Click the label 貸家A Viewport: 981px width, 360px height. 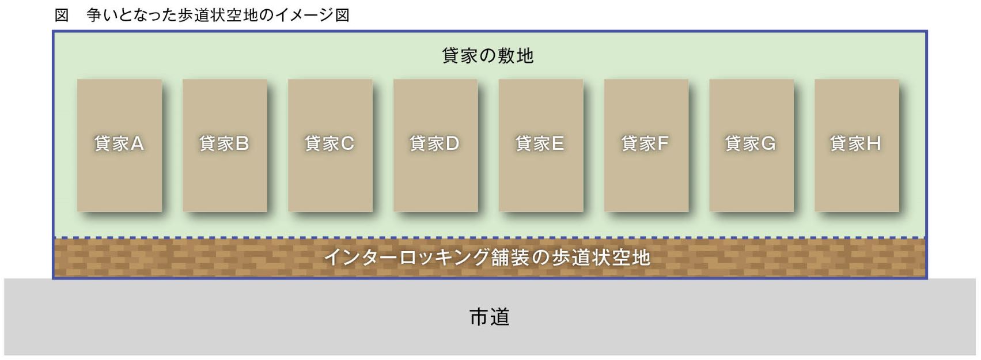(119, 143)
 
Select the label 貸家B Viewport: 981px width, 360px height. (224, 143)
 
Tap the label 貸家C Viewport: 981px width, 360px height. (329, 143)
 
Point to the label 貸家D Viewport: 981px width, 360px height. (434, 143)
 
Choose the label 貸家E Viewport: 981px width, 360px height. (540, 143)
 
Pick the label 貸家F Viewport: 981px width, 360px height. (645, 143)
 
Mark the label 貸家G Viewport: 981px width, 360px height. (750, 143)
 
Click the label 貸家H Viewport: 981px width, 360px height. (855, 143)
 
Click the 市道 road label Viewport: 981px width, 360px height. (490, 317)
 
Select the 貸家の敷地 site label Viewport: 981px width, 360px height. (488, 56)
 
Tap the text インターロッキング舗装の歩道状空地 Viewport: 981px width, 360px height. (487, 257)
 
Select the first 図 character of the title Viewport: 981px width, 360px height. (62, 16)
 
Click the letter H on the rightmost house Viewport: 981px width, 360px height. (873, 143)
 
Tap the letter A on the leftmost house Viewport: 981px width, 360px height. (137, 143)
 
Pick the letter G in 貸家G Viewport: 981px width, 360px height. (768, 143)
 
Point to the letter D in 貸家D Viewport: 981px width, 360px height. (452, 143)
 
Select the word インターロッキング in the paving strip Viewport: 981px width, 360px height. (407, 257)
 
